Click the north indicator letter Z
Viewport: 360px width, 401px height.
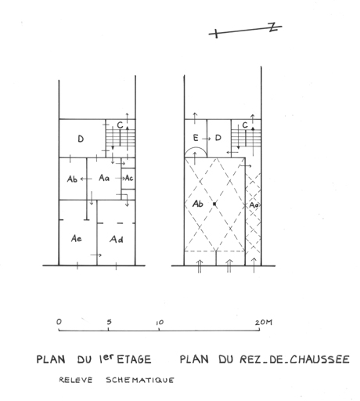coord(273,27)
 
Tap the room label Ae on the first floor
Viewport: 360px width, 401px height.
coord(76,238)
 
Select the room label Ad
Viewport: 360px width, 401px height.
coord(117,239)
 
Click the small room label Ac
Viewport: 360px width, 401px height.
coord(129,178)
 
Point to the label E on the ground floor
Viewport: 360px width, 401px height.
coord(196,138)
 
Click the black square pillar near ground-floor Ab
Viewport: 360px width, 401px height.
coord(214,204)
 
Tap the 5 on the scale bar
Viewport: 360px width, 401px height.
coord(109,322)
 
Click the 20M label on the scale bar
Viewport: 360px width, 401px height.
coord(264,323)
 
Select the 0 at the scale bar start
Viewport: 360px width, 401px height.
coord(59,322)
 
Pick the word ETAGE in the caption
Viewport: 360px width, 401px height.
coord(134,359)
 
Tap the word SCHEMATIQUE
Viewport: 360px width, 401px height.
coord(140,380)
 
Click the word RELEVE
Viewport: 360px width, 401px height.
coord(76,380)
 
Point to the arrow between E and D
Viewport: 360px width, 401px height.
coord(206,139)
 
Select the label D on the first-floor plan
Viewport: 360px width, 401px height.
coord(81,139)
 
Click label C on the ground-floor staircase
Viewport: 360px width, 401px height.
coord(245,125)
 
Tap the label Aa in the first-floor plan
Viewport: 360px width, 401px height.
coord(104,178)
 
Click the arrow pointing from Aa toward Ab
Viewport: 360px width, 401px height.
coord(86,179)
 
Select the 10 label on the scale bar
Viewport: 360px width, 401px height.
coord(160,323)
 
